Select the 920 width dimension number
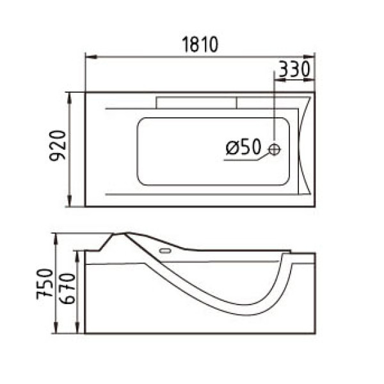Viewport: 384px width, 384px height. tap(58, 148)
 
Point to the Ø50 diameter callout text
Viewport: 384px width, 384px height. tap(243, 148)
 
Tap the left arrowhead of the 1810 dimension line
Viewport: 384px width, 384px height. tap(89, 58)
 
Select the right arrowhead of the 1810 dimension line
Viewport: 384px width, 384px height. tap(312, 58)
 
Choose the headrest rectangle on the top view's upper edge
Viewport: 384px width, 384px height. tap(196, 101)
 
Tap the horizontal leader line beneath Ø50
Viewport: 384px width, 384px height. tap(240, 160)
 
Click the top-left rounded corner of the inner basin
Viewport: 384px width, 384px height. tap(141, 122)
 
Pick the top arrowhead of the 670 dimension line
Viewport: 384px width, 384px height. tap(78, 254)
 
